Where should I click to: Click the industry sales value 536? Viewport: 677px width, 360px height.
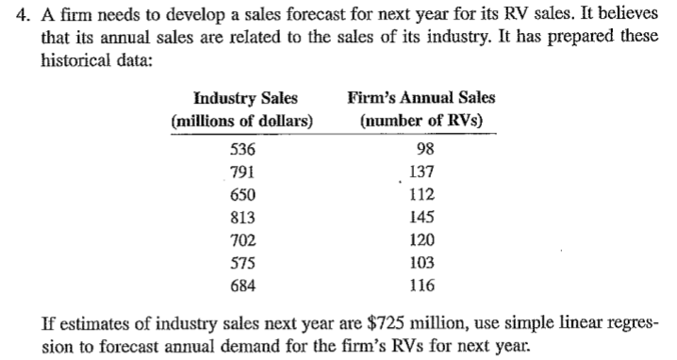[x=242, y=150]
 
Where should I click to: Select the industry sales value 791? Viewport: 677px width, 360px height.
[x=242, y=172]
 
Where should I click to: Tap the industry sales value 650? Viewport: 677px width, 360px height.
[x=242, y=194]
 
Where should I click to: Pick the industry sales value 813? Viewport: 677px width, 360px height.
[x=242, y=217]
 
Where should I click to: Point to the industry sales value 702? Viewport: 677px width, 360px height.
[x=242, y=239]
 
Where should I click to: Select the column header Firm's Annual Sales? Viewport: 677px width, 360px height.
[x=421, y=98]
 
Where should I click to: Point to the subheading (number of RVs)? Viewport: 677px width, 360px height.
[x=421, y=122]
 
